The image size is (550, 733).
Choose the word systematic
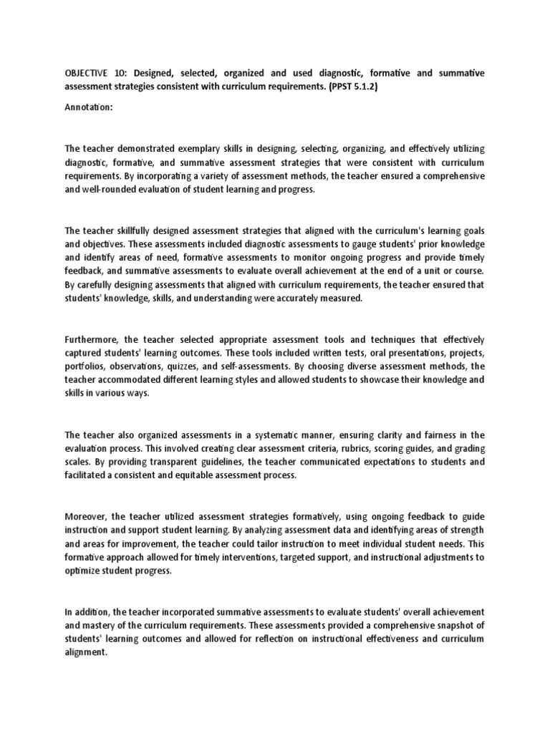pyautogui.click(x=266, y=435)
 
